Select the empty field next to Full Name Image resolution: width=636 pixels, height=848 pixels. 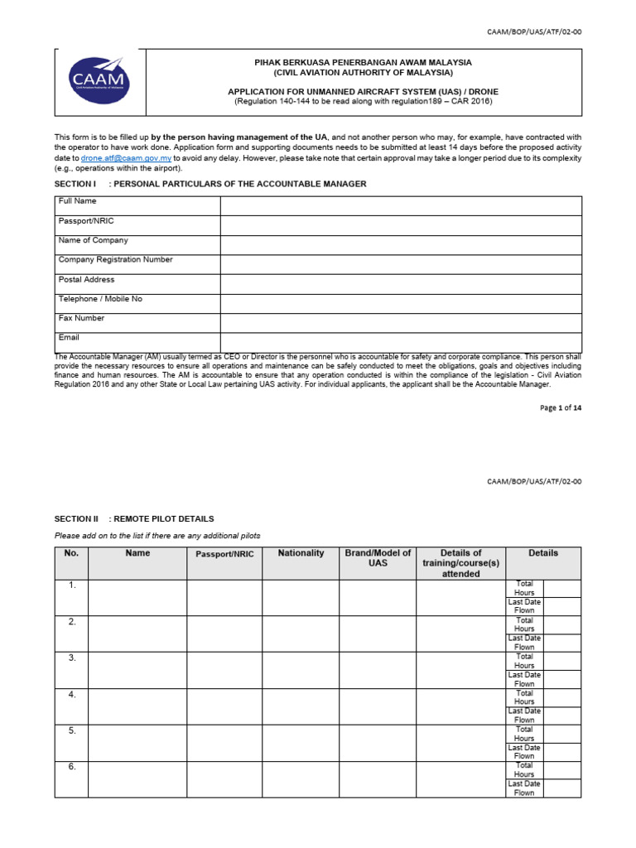(400, 206)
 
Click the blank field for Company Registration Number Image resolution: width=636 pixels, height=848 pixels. (400, 264)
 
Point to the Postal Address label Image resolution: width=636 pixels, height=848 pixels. (87, 280)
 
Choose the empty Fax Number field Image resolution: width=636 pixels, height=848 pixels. (400, 323)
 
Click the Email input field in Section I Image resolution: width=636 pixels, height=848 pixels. (400, 342)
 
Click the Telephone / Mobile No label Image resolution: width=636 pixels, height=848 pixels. (100, 299)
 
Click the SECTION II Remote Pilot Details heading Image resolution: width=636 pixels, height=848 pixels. (134, 518)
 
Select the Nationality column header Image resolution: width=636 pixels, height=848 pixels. (301, 553)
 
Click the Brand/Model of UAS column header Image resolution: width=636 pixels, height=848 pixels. (377, 558)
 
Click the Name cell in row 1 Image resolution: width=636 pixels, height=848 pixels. (137, 597)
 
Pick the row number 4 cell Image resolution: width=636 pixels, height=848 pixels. (71, 695)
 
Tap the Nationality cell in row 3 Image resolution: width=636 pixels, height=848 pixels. (301, 670)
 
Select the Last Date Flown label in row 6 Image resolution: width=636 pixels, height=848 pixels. (524, 788)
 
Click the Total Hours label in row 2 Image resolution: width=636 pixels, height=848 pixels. (524, 624)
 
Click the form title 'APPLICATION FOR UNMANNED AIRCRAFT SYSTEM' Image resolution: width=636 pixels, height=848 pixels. (364, 91)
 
